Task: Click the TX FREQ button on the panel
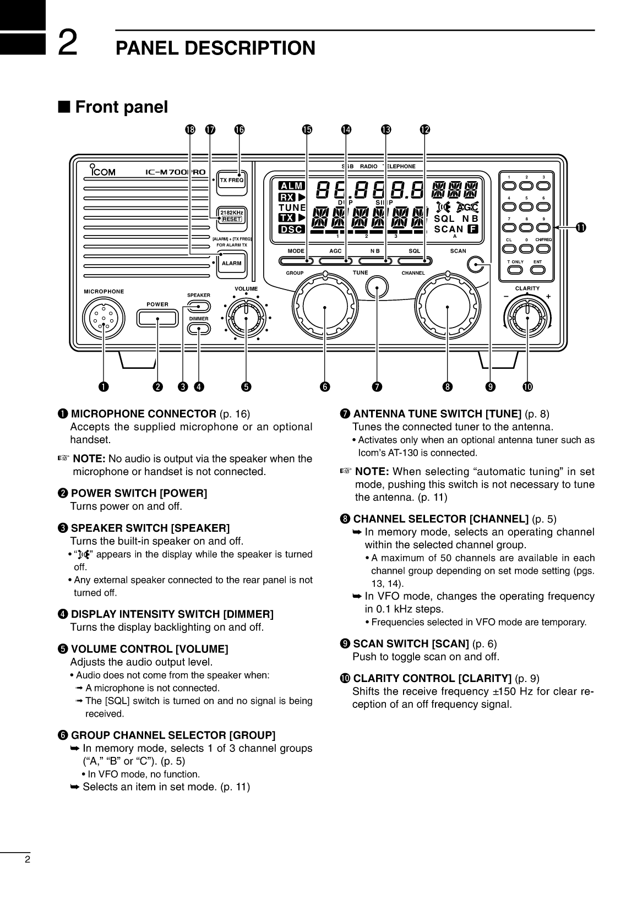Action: point(231,180)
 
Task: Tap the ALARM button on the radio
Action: point(231,263)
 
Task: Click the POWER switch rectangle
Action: point(157,318)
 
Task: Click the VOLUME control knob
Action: point(246,316)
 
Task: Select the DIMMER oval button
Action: point(198,329)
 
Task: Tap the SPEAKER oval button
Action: point(198,307)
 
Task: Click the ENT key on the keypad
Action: point(537,270)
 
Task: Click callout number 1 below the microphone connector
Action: point(103,387)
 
